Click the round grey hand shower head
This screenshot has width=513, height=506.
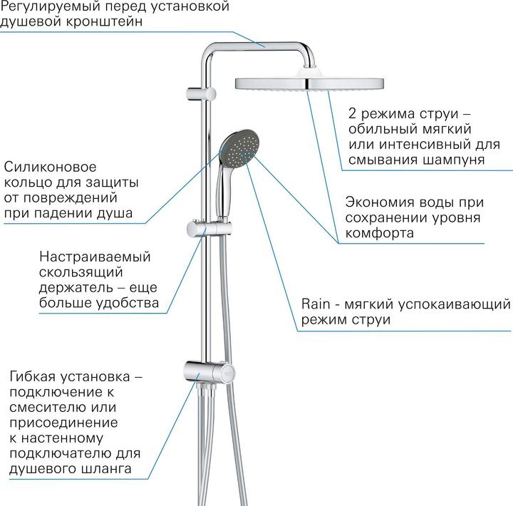[239, 148]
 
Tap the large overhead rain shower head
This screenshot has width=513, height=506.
[309, 83]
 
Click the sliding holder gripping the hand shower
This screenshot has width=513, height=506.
[209, 229]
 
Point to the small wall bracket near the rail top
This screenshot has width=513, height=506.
[201, 93]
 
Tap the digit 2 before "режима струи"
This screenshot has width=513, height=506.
[353, 113]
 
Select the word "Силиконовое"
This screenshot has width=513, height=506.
[50, 167]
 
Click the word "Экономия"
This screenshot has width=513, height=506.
[380, 202]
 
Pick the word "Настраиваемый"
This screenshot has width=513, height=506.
[95, 257]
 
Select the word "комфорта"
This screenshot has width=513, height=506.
[380, 233]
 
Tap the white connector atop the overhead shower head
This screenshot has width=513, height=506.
[308, 71]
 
